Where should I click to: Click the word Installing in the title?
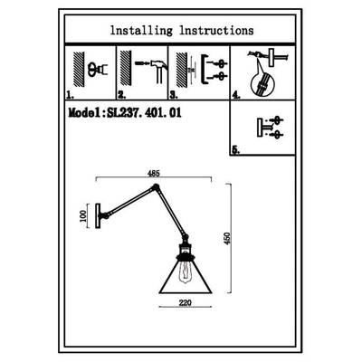[141, 31]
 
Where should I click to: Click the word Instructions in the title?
[216, 31]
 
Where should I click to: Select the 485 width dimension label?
[154, 174]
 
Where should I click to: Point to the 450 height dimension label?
[227, 238]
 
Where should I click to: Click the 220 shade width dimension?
[186, 302]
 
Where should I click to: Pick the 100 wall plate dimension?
[83, 216]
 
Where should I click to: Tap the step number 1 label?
[70, 96]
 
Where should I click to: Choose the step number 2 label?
[121, 96]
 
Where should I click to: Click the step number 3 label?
[174, 96]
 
